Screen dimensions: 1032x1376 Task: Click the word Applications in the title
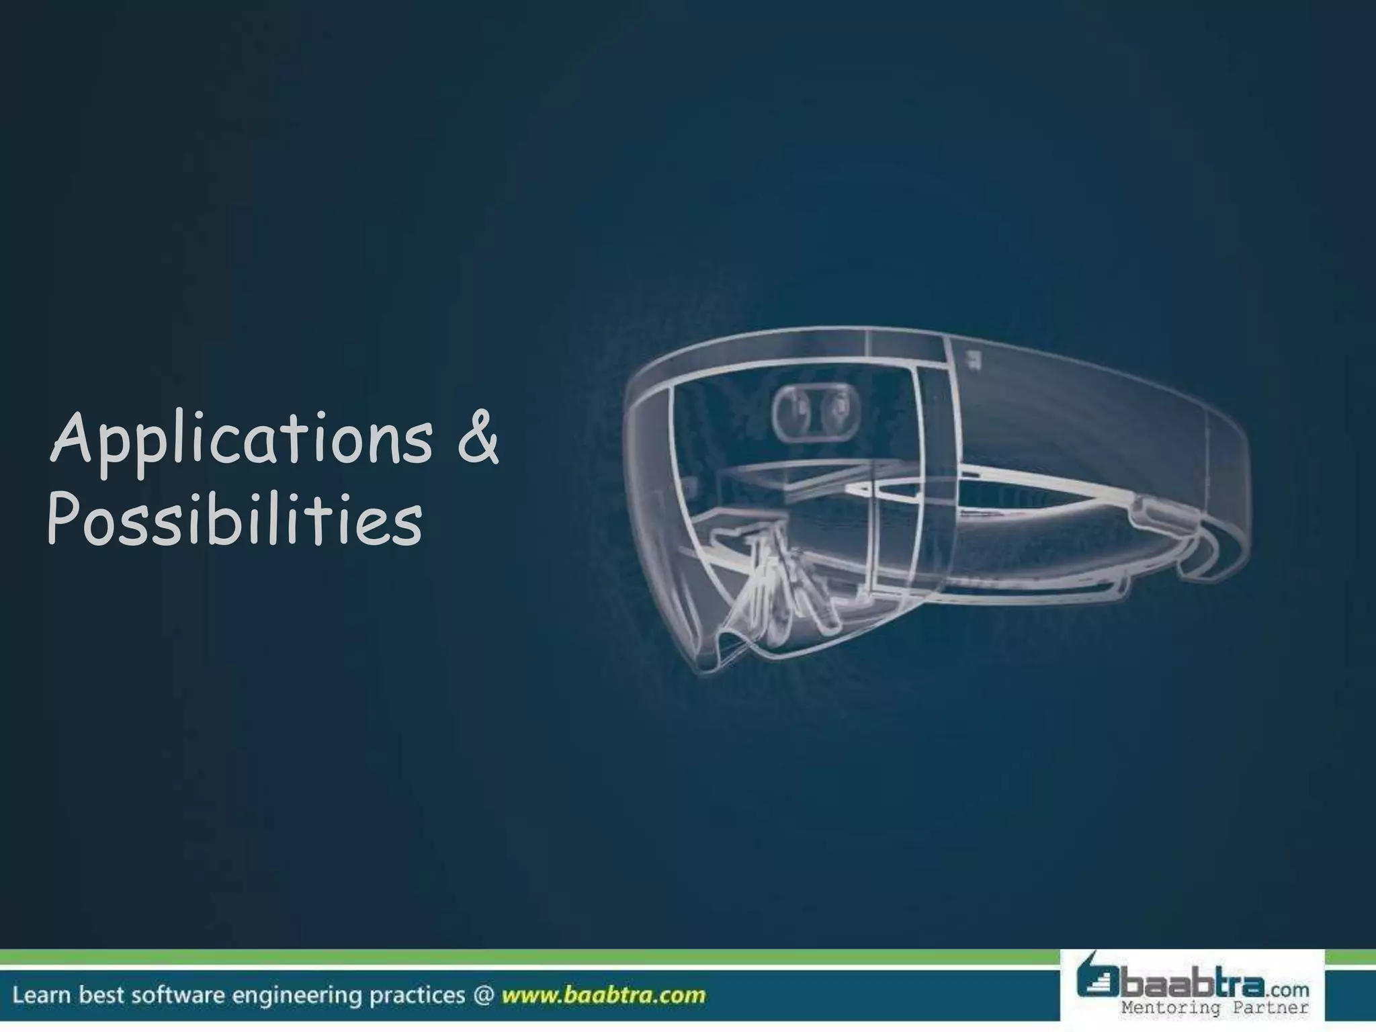click(x=242, y=441)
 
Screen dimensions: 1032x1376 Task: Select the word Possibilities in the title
click(x=234, y=523)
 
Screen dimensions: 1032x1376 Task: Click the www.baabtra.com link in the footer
click(x=603, y=995)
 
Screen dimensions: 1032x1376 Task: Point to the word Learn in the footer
click(x=42, y=995)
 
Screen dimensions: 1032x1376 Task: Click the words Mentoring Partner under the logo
click(x=1215, y=1007)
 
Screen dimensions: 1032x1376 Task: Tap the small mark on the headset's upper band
click(x=972, y=359)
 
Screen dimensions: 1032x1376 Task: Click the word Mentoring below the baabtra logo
click(x=1171, y=1007)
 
